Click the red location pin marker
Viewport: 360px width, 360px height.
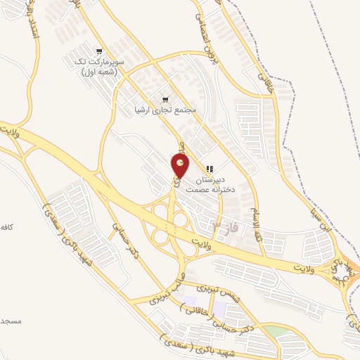click(181, 167)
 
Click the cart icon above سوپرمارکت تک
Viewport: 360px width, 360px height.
click(101, 51)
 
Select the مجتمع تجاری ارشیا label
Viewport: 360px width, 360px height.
click(167, 110)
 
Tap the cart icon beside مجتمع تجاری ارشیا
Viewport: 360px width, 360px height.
click(166, 99)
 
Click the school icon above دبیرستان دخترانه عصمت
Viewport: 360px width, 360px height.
click(210, 169)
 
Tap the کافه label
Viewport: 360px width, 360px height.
click(8, 228)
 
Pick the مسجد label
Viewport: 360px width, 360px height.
click(11, 321)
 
